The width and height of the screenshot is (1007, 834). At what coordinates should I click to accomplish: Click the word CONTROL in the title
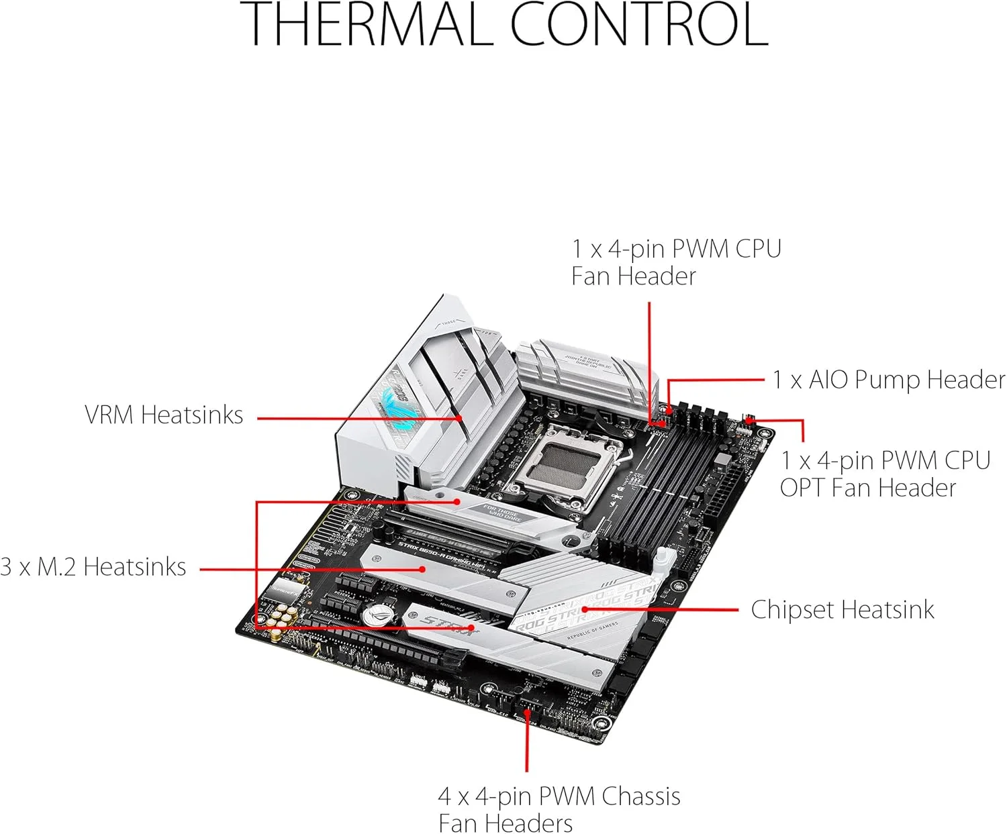tap(638, 25)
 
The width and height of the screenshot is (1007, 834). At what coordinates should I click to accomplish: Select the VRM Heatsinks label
tap(164, 415)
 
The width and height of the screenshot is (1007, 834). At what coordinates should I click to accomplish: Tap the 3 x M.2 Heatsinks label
tap(93, 568)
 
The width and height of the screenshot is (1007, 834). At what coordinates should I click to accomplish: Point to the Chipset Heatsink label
tap(842, 610)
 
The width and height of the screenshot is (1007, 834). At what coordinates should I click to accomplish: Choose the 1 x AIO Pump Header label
tap(888, 380)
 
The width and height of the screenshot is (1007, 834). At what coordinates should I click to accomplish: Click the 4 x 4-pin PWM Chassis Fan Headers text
tap(559, 809)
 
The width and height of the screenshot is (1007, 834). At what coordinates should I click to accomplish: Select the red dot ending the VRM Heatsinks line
tap(461, 417)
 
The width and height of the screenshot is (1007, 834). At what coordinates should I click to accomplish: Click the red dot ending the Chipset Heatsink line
tap(585, 609)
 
